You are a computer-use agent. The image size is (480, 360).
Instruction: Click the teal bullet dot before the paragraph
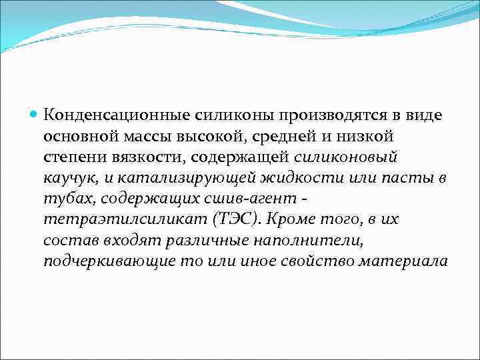pos(35,115)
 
